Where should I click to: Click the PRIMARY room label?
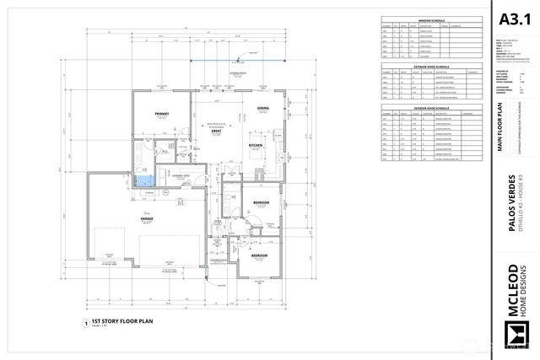(162, 114)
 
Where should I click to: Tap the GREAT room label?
(216, 132)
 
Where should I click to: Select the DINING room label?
(262, 108)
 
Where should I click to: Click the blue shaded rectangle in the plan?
(147, 179)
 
